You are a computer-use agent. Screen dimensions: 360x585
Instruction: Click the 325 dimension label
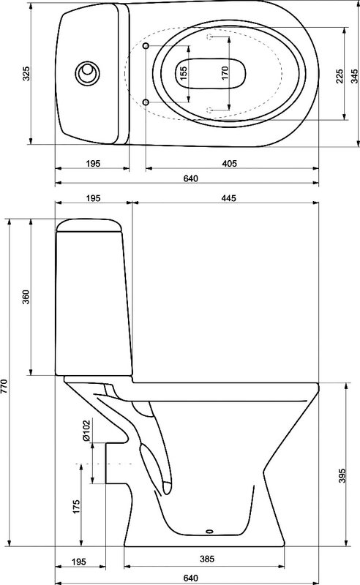coord(26,73)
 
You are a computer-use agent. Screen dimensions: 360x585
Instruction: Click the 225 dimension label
coord(339,76)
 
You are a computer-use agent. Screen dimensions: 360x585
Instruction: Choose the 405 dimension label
coord(229,163)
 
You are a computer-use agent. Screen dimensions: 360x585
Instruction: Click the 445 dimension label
coord(228,198)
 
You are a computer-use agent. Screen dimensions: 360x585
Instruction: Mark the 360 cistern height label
coord(26,297)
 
